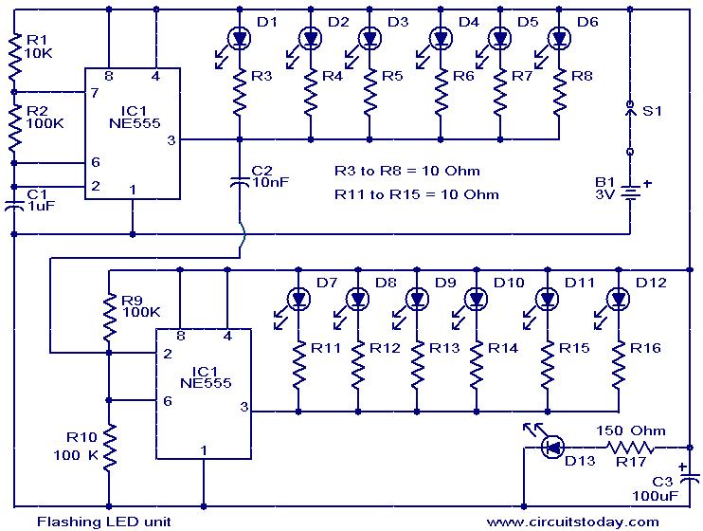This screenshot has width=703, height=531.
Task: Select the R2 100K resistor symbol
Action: tap(15, 128)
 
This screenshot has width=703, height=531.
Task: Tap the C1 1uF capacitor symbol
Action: tap(15, 205)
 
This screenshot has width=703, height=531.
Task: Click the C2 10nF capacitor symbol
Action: tap(239, 181)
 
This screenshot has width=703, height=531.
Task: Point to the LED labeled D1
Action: tap(239, 39)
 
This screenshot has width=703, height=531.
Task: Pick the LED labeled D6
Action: tap(559, 39)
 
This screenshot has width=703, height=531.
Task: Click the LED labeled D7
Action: tap(297, 300)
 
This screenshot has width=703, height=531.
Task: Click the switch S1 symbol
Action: tap(629, 128)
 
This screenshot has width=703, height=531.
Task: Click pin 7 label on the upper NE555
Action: tap(94, 93)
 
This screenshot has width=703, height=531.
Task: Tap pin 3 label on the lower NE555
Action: tap(244, 408)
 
